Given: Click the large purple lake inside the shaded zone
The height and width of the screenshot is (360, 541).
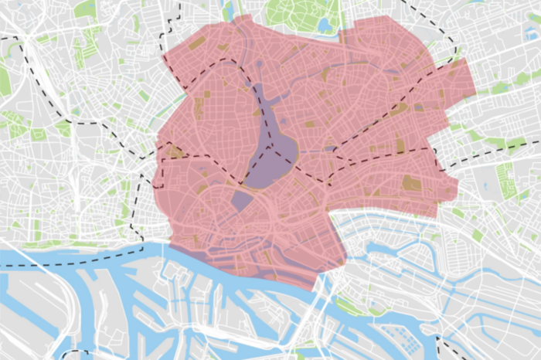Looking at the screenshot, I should (274, 147).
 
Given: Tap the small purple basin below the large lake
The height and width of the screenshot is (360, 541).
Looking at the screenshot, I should (241, 201).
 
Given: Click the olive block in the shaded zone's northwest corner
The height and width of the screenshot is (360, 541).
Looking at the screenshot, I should (197, 42).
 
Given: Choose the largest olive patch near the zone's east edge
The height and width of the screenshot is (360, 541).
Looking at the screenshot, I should (412, 184).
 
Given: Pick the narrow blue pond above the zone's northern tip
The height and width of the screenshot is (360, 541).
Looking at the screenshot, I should (228, 9).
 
